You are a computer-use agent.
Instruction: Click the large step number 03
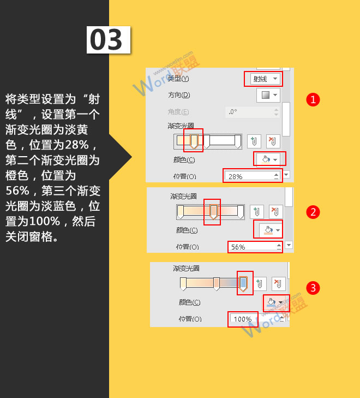108,40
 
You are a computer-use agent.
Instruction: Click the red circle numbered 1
313,99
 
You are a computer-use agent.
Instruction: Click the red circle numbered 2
313,212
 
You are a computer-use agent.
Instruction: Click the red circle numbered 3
313,287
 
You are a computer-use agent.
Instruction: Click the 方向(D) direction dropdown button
268,95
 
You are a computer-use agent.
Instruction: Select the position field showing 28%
251,176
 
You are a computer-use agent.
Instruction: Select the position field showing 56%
254,247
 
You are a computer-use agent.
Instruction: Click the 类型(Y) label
178,79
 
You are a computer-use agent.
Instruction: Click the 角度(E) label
178,111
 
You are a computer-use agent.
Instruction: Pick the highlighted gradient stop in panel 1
194,141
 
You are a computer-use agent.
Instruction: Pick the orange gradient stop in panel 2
213,211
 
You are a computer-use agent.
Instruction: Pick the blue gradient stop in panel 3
244,283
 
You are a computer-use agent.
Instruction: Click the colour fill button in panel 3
275,302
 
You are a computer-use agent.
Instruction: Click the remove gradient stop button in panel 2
276,212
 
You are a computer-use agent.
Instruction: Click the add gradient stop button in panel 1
254,141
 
